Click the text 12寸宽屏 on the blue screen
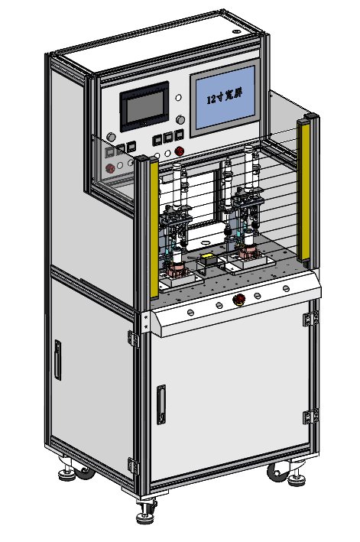(224, 98)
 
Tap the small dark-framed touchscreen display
(144, 106)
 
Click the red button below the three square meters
(179, 151)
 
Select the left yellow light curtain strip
(154, 229)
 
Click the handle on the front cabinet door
(161, 404)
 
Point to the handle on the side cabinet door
(57, 360)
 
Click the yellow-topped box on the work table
(207, 258)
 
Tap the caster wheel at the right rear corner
(276, 472)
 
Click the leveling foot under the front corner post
(145, 518)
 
